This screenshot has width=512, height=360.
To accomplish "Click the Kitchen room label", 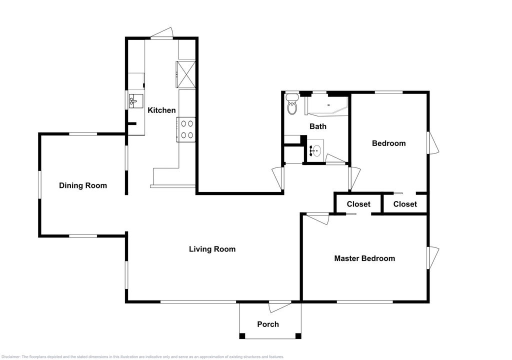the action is [x=161, y=110].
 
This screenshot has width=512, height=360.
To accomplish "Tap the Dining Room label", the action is [x=83, y=185].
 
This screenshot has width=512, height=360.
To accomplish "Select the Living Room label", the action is [x=212, y=249].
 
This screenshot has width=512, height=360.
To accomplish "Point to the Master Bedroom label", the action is [x=364, y=258].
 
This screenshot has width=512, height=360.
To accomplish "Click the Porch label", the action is [x=268, y=324].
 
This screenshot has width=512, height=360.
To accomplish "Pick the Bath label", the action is [x=317, y=126].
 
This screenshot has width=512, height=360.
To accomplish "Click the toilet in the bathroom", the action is [x=291, y=104].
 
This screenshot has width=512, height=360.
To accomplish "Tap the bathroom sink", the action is [x=315, y=151].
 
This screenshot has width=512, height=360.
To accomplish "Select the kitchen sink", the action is [x=136, y=101].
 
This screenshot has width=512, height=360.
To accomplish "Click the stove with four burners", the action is [x=186, y=129].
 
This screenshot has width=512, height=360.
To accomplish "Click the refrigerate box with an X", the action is [x=186, y=74].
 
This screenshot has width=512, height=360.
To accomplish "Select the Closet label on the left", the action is [x=358, y=204].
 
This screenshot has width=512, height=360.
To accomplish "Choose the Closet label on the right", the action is [x=405, y=204].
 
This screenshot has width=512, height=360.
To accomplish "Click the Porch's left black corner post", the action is [x=242, y=335].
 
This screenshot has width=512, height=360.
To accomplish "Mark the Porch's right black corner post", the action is [x=298, y=335].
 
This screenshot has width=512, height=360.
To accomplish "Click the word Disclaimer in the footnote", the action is [x=11, y=356].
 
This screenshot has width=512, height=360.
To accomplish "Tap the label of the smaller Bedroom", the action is [x=388, y=143].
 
